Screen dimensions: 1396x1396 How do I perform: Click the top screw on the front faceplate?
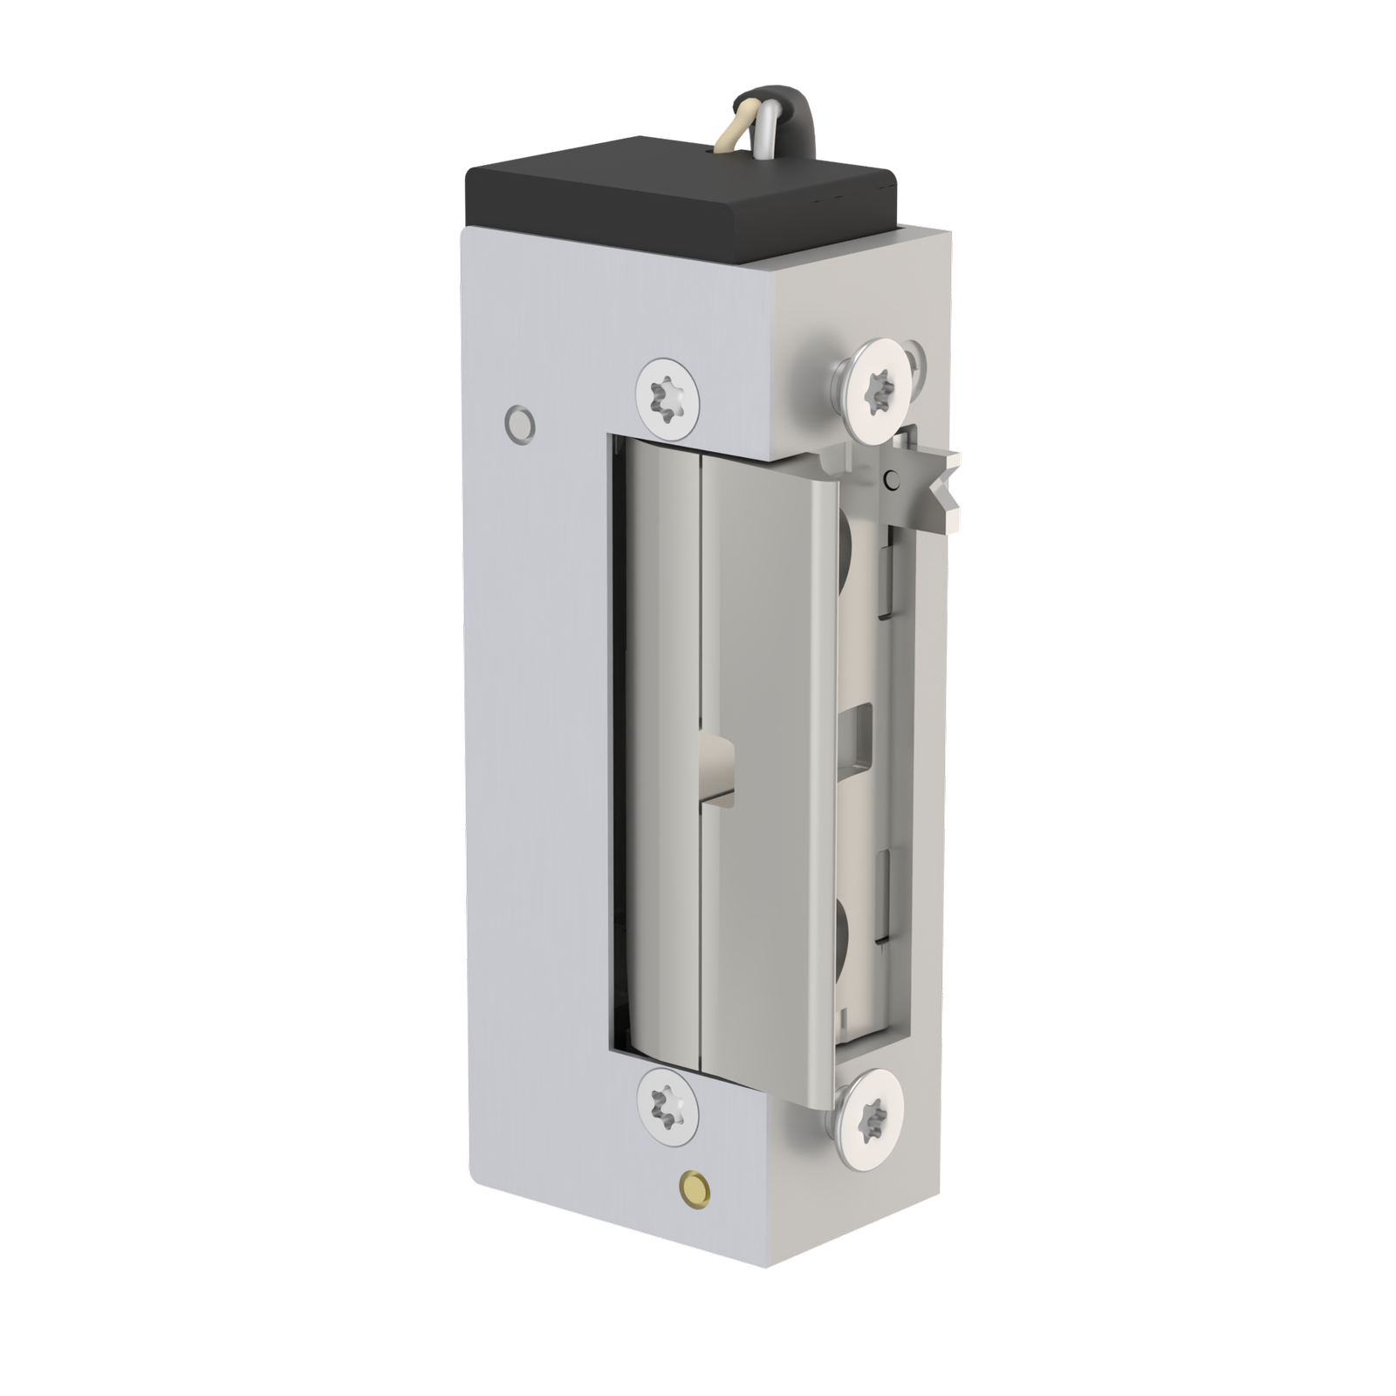[x=667, y=396]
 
